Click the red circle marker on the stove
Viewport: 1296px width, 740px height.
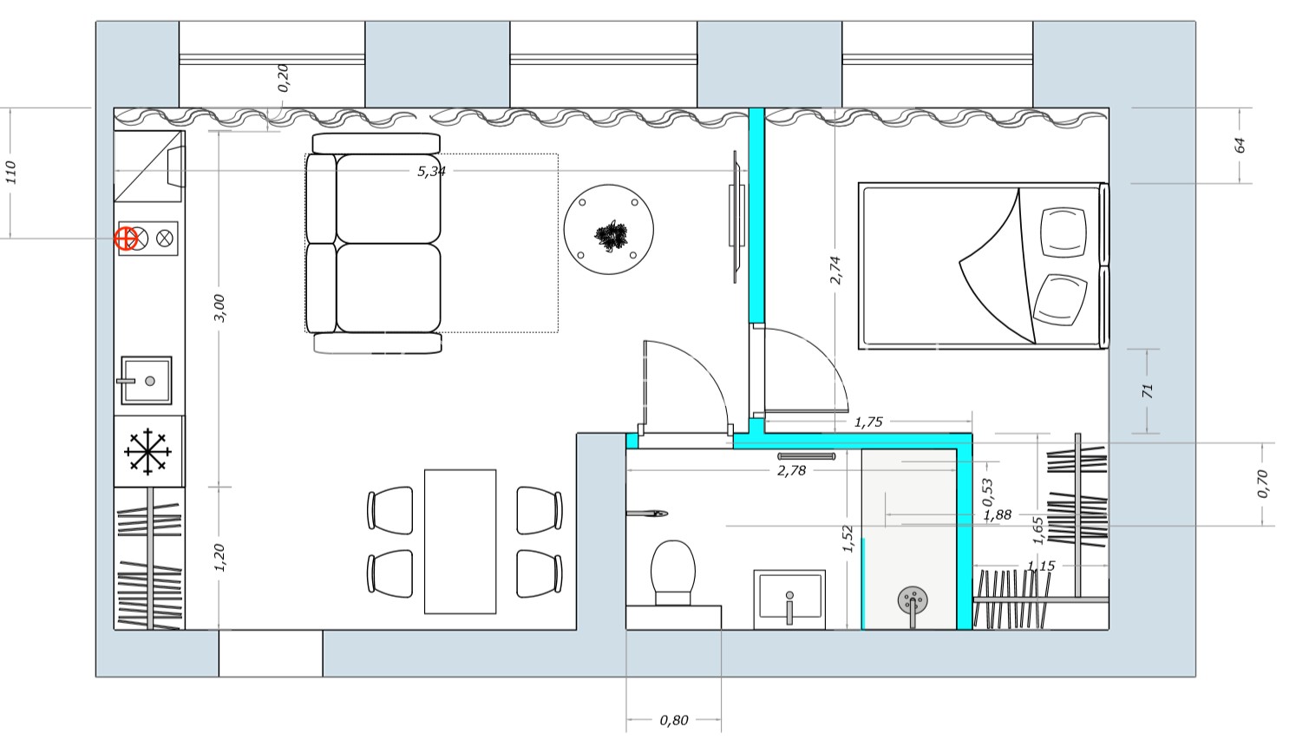[126, 239]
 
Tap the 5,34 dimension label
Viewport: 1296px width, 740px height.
[432, 171]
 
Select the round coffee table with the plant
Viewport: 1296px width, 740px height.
[609, 230]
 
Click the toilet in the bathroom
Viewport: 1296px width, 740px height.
[673, 573]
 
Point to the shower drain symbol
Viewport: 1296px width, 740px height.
[913, 600]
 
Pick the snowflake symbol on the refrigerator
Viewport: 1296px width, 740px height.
[147, 452]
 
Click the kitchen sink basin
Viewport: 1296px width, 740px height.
[147, 380]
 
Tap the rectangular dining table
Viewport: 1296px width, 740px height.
[460, 541]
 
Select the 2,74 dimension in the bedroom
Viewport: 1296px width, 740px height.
[835, 270]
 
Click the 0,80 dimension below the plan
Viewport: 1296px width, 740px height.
[674, 720]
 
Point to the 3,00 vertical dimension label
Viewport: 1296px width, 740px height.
[219, 308]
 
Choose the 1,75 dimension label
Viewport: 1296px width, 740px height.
[868, 422]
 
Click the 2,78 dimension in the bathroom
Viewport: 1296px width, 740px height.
[791, 471]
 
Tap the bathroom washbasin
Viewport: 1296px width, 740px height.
[789, 599]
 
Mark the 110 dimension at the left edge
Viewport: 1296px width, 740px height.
[10, 173]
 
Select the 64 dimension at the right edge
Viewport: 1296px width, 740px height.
[1240, 145]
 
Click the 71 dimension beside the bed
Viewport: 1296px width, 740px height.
[1148, 391]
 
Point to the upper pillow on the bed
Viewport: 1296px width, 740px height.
[1063, 232]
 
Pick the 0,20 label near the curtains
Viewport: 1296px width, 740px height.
[283, 78]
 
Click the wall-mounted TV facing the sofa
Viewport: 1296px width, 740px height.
[736, 217]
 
